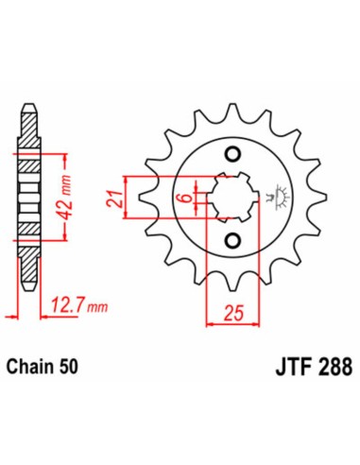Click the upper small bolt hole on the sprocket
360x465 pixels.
[230, 155]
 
